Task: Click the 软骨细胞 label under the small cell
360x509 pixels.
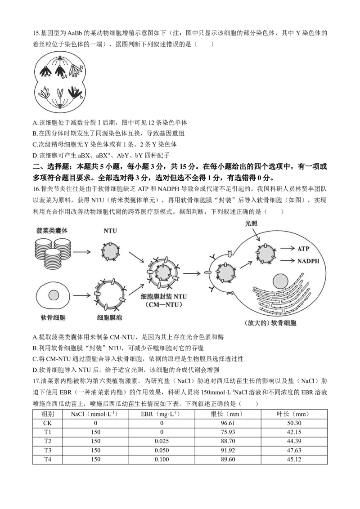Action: coord(53,317)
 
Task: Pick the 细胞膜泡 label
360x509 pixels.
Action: coord(110,317)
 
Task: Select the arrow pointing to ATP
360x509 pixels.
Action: coord(286,248)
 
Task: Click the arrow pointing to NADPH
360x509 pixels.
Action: coord(286,260)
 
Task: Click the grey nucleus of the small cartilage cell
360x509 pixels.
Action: coord(54,295)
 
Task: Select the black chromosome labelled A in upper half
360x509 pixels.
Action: coord(60,71)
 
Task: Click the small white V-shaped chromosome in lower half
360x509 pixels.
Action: coord(60,93)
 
